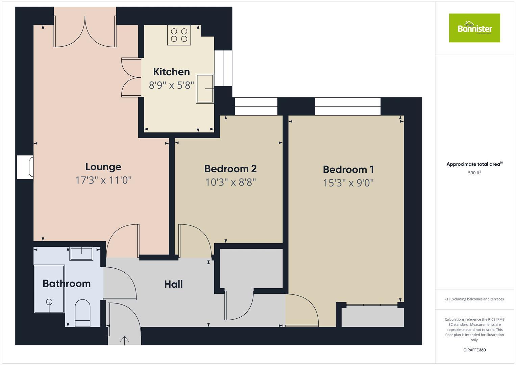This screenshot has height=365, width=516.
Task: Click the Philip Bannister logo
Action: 474,28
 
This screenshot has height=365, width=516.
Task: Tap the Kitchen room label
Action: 171,72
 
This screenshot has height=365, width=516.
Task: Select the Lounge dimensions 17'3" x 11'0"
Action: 103,180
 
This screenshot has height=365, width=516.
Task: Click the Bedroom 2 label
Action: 230,169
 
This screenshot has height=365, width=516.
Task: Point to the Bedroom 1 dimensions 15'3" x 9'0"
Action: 348,183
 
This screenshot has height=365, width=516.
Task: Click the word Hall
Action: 173,284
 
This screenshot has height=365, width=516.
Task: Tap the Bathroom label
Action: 67,284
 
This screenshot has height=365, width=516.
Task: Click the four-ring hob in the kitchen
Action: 179,35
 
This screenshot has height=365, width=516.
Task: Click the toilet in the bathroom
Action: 82,313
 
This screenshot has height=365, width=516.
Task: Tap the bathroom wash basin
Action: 81,253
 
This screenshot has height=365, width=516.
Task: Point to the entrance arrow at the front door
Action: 125,340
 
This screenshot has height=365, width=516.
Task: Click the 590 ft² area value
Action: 474,173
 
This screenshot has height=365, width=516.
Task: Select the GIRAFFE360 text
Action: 474,350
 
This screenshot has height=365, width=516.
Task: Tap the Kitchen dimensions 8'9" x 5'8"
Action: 171,85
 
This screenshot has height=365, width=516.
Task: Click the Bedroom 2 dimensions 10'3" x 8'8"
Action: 230,182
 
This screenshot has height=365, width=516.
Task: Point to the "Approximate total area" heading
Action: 474,164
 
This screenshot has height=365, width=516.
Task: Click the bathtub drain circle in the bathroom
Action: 49,302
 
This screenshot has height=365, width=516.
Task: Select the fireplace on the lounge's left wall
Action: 26,167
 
